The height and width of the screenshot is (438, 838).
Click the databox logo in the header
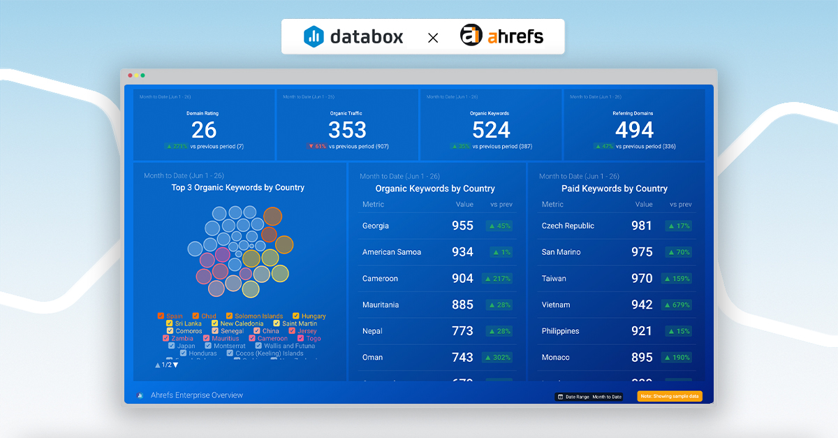(353, 36)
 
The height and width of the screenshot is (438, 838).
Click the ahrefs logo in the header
(501, 36)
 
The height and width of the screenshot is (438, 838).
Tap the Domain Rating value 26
(204, 130)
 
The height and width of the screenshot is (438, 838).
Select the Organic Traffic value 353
(347, 130)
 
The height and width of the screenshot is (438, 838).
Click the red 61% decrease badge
(317, 147)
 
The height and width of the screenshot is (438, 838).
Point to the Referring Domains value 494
(634, 130)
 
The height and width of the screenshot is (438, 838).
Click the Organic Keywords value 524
(491, 130)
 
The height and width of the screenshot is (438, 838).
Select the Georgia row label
(376, 226)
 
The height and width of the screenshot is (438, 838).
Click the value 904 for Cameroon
(462, 278)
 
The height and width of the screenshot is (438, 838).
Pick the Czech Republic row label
(568, 226)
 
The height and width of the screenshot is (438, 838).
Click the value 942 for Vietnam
(641, 305)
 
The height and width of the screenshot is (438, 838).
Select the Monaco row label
(555, 357)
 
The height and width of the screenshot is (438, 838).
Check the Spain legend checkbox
(161, 316)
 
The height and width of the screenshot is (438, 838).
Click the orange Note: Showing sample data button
(669, 396)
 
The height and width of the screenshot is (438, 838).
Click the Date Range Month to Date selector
(589, 397)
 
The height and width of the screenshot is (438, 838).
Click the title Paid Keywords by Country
(614, 189)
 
